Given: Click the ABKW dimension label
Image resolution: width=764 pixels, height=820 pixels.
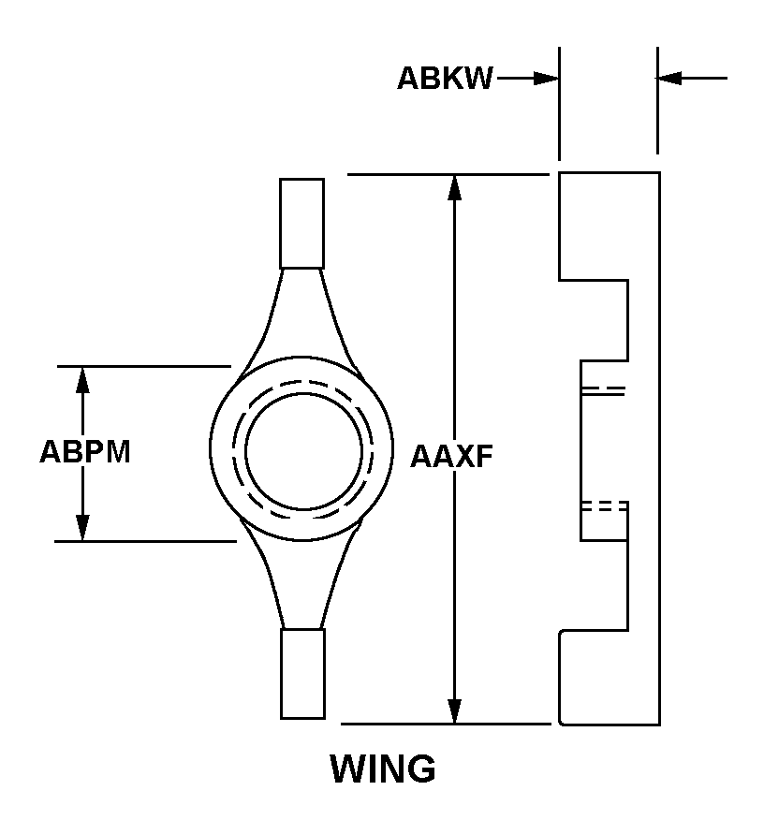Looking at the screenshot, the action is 445,79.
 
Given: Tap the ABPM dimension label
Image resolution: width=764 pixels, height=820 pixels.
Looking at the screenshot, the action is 85,451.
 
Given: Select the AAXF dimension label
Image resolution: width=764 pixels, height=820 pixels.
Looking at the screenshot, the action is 452,456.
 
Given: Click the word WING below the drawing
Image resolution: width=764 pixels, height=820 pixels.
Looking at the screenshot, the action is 383,769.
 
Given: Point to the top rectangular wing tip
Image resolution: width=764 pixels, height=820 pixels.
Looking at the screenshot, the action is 301,224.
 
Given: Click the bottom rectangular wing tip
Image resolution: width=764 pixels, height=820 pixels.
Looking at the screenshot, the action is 302,674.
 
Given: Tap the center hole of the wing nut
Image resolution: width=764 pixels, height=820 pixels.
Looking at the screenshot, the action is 303,451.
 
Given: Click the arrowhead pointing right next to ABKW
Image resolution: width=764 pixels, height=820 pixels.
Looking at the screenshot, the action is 546,79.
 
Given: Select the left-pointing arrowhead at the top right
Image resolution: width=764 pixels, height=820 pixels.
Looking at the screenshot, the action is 669,78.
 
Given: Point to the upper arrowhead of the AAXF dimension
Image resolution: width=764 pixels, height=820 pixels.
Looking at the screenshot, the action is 455,188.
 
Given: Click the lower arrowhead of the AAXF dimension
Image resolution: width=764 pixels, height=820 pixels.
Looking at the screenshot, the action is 455,710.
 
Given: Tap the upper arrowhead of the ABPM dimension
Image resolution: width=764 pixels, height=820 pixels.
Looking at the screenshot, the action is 82,380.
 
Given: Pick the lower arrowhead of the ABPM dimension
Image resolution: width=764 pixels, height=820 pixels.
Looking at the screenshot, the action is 82,528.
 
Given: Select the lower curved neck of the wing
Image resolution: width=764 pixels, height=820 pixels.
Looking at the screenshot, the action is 301,576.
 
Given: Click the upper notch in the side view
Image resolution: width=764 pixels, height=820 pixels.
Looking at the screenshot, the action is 594,320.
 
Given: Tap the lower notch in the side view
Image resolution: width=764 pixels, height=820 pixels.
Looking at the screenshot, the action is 594,585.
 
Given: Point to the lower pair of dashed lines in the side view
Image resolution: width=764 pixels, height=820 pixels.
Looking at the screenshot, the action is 605,505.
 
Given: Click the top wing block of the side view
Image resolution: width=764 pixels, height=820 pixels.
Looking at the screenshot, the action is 594,226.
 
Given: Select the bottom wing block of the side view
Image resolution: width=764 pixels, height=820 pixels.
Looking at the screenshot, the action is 594,678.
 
